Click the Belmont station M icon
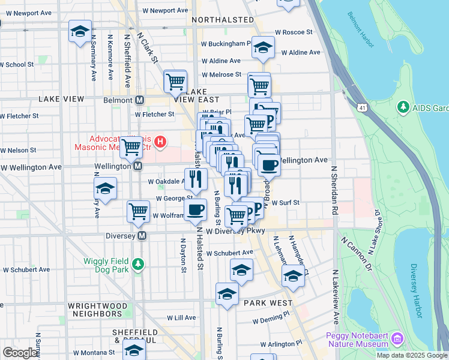[x=140, y=100]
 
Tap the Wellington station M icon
[x=137, y=166]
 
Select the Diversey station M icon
[x=142, y=236]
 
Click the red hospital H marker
[x=160, y=142]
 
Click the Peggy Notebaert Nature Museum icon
[x=397, y=340]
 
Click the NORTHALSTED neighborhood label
[x=223, y=20]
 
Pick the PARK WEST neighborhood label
[x=267, y=303]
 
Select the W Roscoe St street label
[x=294, y=32]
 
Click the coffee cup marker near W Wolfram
[x=196, y=211]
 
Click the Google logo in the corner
[x=20, y=352]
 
